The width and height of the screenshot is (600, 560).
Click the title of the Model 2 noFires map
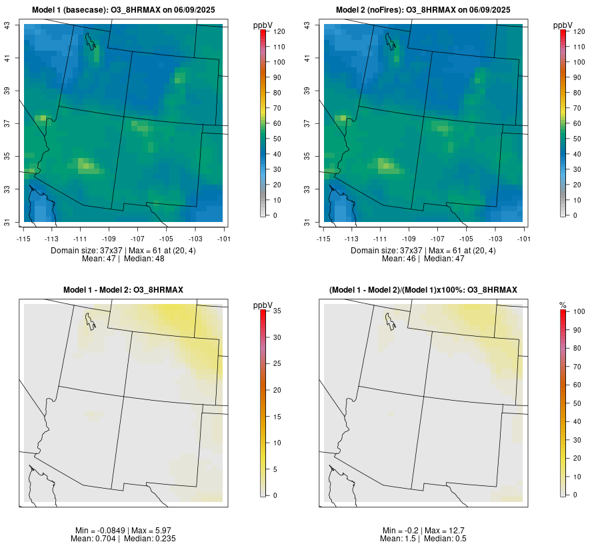(423, 9)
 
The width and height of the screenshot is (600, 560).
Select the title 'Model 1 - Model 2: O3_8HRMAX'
(123, 289)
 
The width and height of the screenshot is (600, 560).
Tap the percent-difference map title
(423, 289)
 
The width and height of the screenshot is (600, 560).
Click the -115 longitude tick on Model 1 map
(24, 238)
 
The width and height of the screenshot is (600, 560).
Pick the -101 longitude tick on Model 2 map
(523, 238)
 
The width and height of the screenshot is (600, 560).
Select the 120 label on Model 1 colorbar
(279, 31)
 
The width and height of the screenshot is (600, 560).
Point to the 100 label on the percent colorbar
(579, 311)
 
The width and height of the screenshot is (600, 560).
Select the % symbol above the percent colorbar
(563, 305)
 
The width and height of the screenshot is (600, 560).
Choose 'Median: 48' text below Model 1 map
(145, 258)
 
